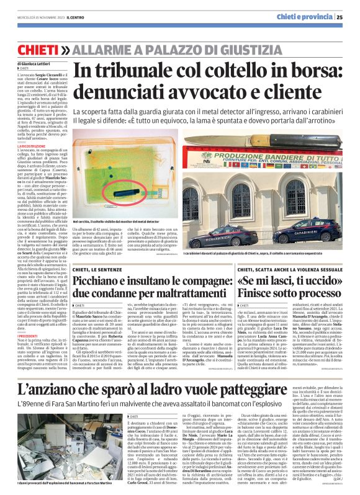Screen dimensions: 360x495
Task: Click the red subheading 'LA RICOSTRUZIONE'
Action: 40,146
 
